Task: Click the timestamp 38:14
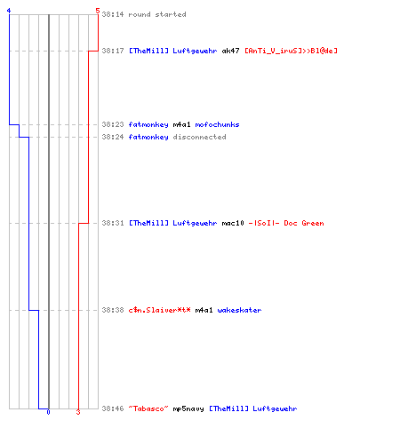(x=113, y=14)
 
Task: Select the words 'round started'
(x=157, y=14)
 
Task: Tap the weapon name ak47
(x=230, y=51)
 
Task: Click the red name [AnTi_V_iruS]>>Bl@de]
(x=291, y=51)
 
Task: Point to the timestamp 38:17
(x=113, y=51)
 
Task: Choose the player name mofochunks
(x=217, y=124)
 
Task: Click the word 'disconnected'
(x=199, y=137)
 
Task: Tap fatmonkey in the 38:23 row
(x=148, y=124)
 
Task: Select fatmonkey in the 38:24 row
(x=148, y=137)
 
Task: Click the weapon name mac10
(x=233, y=223)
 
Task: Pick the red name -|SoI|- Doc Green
(x=286, y=223)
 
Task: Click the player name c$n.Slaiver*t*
(x=159, y=310)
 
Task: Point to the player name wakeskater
(x=239, y=310)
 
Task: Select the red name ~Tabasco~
(x=148, y=408)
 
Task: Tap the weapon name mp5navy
(x=188, y=408)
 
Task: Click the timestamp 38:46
(x=113, y=408)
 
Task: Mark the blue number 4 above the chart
(x=9, y=11)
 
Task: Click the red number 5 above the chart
(x=98, y=11)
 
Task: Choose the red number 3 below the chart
(x=78, y=412)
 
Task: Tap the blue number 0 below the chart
(x=48, y=412)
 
